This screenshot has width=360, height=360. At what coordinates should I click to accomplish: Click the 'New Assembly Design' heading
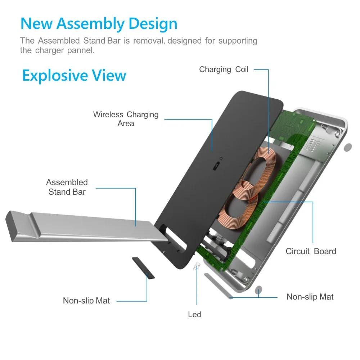(99, 23)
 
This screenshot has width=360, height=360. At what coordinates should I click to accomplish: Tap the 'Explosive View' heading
(74, 76)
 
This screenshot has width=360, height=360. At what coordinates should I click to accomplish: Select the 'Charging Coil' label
(224, 69)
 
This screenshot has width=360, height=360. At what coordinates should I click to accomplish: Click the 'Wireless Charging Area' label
(126, 119)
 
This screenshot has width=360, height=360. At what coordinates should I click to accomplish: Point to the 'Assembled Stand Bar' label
(67, 187)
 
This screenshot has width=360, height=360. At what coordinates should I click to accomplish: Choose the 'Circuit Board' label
(311, 251)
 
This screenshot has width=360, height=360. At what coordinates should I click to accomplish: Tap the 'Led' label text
(194, 315)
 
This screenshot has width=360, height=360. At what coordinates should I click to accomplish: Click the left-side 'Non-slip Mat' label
(86, 301)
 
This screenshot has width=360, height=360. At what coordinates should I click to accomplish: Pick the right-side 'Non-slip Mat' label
(310, 297)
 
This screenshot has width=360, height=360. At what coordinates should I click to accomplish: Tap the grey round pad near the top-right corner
(348, 147)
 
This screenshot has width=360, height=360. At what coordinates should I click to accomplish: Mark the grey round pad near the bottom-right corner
(258, 290)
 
